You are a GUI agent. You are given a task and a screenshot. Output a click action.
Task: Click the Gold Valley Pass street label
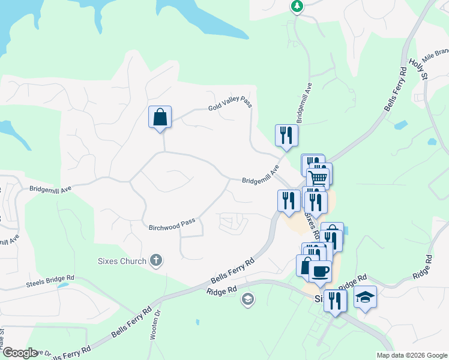pos(229,105)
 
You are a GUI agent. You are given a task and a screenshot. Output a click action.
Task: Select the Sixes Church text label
pos(122,261)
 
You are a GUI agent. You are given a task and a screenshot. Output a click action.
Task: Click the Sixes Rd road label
pos(312,221)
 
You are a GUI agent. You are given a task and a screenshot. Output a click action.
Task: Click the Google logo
pos(20,353)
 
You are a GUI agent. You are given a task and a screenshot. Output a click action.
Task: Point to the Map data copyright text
pos(411,355)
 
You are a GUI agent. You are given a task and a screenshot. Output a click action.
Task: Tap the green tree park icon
pos(297,6)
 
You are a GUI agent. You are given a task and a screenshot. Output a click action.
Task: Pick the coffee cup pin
pos(320,271)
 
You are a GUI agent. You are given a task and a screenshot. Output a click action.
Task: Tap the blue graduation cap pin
pos(365,297)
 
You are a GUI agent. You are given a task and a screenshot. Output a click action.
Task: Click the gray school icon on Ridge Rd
pos(247,299)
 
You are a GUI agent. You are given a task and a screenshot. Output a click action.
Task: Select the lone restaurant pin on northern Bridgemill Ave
pos(286,135)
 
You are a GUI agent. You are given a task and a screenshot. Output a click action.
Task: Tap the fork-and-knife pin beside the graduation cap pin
pos(335,300)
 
